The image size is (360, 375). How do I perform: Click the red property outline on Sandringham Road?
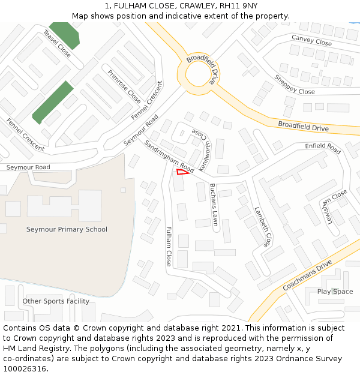[x=182, y=173]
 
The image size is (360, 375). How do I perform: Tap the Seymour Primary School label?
[x=67, y=229]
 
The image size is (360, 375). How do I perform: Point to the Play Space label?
[x=335, y=292]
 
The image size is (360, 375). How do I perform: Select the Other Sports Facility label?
[x=56, y=301]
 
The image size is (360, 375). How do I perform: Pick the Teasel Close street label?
[x=56, y=43]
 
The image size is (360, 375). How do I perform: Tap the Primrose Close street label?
[x=124, y=86]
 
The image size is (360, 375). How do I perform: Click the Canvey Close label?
[x=311, y=40]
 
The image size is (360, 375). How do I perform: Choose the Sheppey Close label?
[x=294, y=85]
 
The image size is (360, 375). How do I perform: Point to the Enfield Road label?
[x=322, y=147]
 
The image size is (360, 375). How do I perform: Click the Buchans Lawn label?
[x=213, y=204]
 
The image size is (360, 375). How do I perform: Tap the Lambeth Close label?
[x=263, y=226]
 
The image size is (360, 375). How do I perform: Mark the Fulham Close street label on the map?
[x=169, y=245]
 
